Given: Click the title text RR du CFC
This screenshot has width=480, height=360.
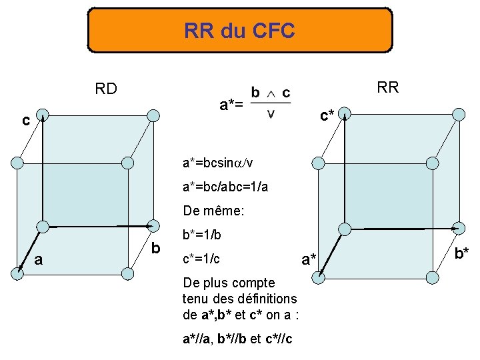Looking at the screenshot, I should (x=239, y=31).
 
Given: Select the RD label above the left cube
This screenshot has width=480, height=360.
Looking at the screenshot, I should (x=107, y=88).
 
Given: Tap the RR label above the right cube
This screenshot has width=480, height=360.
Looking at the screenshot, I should (x=387, y=87).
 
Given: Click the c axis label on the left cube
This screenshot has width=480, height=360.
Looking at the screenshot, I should (x=25, y=121).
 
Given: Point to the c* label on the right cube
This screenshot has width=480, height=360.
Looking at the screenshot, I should (x=327, y=116).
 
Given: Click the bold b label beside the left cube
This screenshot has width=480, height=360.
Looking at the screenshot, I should (x=156, y=249).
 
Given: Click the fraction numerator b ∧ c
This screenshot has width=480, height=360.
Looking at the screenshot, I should (x=270, y=92).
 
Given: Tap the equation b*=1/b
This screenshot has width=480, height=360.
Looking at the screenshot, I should (x=201, y=235).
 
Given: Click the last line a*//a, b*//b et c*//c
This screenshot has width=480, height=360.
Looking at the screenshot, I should (x=241, y=339).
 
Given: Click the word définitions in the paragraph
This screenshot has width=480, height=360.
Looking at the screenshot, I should (x=265, y=299).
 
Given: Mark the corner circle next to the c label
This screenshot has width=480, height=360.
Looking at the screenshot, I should (x=42, y=115).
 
